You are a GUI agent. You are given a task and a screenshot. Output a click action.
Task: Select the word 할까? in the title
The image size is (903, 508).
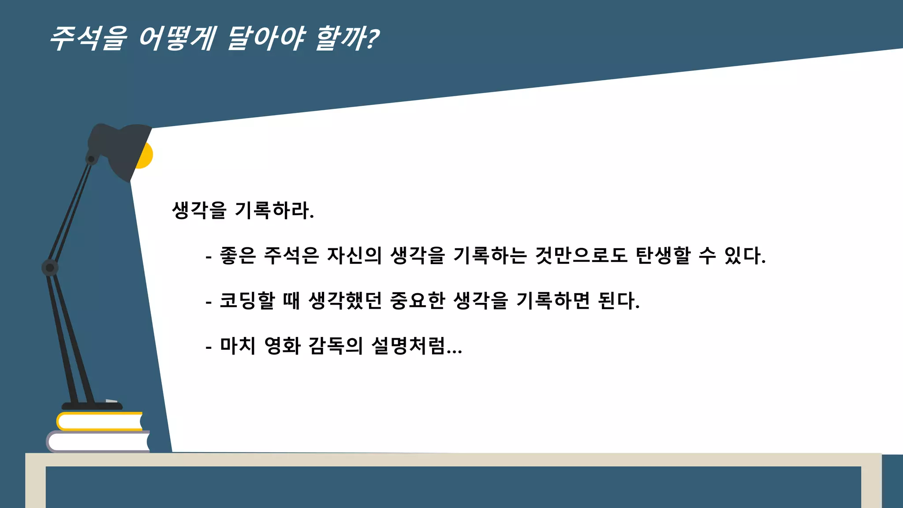click(x=347, y=38)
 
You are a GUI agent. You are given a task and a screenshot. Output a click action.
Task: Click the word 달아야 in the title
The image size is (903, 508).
click(x=266, y=38)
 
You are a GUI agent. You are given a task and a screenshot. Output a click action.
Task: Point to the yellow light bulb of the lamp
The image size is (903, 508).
click(x=145, y=155)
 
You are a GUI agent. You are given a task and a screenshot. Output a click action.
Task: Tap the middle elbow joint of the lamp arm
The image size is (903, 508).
click(x=50, y=268)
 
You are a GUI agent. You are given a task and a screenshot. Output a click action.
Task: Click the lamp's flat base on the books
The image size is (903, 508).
click(x=92, y=406)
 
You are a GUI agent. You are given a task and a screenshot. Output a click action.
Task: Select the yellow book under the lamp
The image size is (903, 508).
click(x=100, y=422)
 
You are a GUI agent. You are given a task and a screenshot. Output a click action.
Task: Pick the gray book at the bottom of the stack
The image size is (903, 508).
click(x=98, y=442)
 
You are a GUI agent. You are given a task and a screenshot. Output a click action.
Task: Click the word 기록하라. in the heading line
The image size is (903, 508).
click(x=274, y=210)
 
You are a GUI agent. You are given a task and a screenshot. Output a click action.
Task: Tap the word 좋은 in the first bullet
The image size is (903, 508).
click(x=238, y=256)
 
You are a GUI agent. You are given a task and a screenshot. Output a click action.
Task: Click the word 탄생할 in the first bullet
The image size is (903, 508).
click(x=663, y=256)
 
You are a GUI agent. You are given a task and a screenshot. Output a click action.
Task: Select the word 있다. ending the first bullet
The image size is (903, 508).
click(x=745, y=256)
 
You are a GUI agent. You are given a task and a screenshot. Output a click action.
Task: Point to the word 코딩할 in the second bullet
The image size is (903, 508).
click(x=247, y=301)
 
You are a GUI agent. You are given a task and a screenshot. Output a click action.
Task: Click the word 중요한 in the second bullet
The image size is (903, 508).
click(x=418, y=301)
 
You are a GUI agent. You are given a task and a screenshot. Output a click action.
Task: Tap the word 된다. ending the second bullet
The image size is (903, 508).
click(x=618, y=301)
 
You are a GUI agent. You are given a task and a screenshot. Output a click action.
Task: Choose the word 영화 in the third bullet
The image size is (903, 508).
click(x=282, y=346)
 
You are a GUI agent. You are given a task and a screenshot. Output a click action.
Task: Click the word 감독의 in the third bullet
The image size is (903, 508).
click(x=336, y=346)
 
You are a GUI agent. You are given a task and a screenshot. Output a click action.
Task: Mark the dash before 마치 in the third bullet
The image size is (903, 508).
click(x=209, y=348)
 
